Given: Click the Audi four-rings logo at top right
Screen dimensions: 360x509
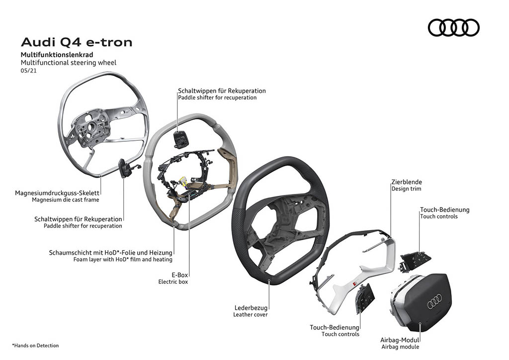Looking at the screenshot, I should click(x=453, y=27).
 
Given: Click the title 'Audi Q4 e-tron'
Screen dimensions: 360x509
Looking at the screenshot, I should click(x=77, y=42).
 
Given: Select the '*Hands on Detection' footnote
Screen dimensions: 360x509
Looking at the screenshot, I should click(x=35, y=345).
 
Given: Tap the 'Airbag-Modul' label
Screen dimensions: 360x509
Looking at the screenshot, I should click(x=400, y=340).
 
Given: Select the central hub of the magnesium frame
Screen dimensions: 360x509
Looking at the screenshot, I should click(x=91, y=127).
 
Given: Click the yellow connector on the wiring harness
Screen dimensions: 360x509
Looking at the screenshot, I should click(x=182, y=183).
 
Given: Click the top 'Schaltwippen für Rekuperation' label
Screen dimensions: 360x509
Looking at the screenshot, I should click(x=222, y=91).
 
